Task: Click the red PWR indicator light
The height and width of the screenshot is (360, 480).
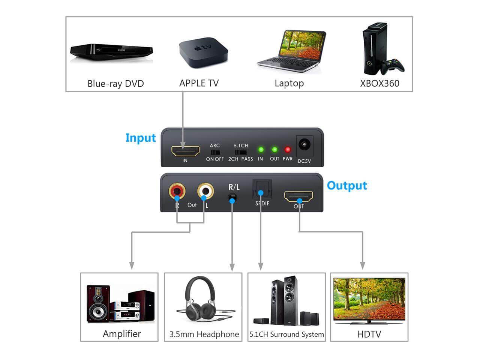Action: pyautogui.click(x=288, y=150)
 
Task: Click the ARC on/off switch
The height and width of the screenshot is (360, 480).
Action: pyautogui.click(x=214, y=152)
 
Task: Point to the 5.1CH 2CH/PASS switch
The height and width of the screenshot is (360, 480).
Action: pyautogui.click(x=241, y=152)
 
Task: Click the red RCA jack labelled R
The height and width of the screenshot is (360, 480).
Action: pyautogui.click(x=177, y=192)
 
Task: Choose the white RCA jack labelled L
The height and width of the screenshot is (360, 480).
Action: pyautogui.click(x=205, y=192)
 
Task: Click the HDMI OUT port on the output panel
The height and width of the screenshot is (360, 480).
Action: pyautogui.click(x=298, y=196)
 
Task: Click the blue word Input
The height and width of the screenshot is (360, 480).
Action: pyautogui.click(x=141, y=138)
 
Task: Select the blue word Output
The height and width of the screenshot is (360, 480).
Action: pyautogui.click(x=347, y=186)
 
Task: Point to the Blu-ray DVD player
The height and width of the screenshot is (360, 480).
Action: pyautogui.click(x=112, y=50)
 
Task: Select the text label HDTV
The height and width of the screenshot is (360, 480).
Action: pyautogui.click(x=369, y=334)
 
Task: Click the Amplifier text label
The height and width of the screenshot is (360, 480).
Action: pyautogui.click(x=122, y=334)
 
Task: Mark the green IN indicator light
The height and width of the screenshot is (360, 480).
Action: pyautogui.click(x=261, y=150)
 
